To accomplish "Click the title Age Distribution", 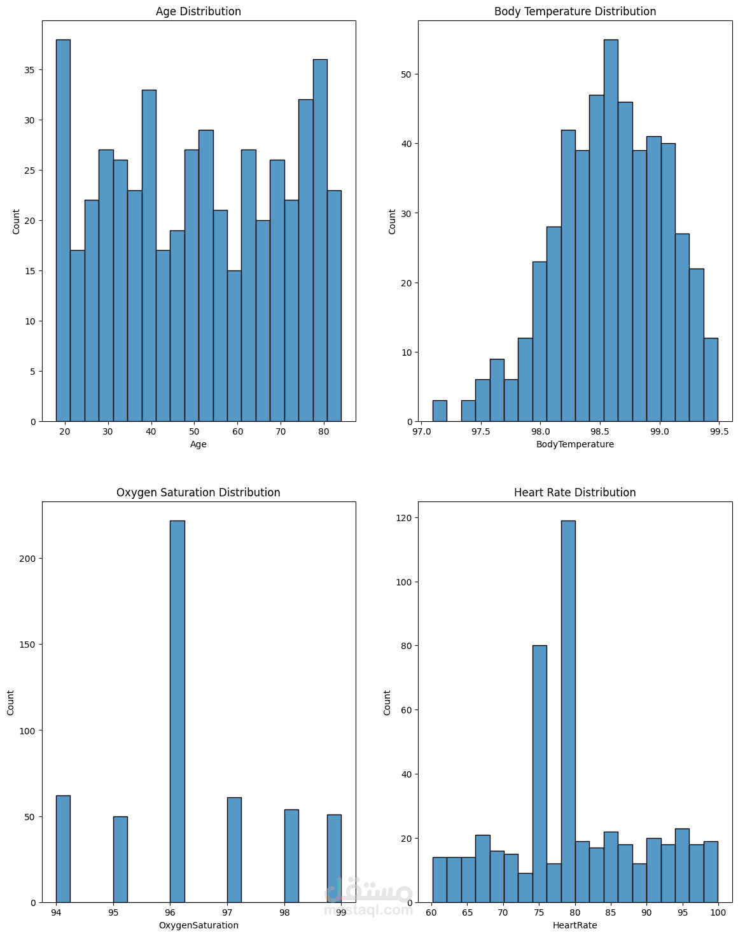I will point(198,11).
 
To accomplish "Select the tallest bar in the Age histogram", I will point(63,229).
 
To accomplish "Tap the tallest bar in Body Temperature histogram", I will point(611,229).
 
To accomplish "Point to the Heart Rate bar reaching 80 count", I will point(540,773).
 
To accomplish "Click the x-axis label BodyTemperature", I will point(575,444).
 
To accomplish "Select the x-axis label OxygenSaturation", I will point(198,925).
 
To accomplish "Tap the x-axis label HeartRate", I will point(575,925).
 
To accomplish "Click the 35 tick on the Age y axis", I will point(29,70).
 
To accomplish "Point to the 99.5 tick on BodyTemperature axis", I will point(719,431).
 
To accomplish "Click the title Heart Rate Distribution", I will point(575,492).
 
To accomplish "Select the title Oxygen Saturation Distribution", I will point(198,492).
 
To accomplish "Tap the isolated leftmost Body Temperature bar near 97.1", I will point(440,411).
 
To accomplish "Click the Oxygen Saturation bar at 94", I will point(63,849).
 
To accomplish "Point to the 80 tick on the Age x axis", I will point(324,431).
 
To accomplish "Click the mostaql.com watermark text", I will point(368,911).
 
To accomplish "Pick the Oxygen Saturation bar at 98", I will point(291,856).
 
